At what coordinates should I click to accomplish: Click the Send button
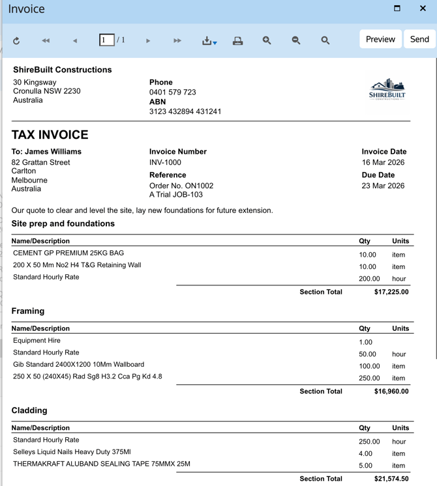(x=419, y=39)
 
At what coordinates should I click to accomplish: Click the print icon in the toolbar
(x=238, y=40)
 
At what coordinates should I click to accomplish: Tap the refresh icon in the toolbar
(x=16, y=40)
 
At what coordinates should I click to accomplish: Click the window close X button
(x=423, y=8)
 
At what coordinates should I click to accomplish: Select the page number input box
(x=106, y=40)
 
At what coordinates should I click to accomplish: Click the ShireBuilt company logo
(x=387, y=92)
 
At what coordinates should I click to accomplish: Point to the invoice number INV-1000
(x=165, y=162)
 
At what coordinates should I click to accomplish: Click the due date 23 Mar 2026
(x=383, y=186)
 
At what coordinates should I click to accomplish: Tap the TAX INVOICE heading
(x=50, y=135)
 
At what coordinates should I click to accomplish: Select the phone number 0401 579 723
(x=172, y=92)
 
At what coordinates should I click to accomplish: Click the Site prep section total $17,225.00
(x=391, y=292)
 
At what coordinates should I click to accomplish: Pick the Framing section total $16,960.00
(x=391, y=392)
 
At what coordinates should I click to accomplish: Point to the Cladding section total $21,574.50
(x=391, y=479)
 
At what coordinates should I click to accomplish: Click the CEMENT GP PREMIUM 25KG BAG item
(x=68, y=253)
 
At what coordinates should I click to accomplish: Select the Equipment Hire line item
(x=37, y=340)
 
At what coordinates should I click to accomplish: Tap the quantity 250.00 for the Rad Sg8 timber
(x=369, y=378)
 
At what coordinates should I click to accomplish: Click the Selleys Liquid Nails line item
(x=72, y=452)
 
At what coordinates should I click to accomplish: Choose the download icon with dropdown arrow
(x=209, y=40)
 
